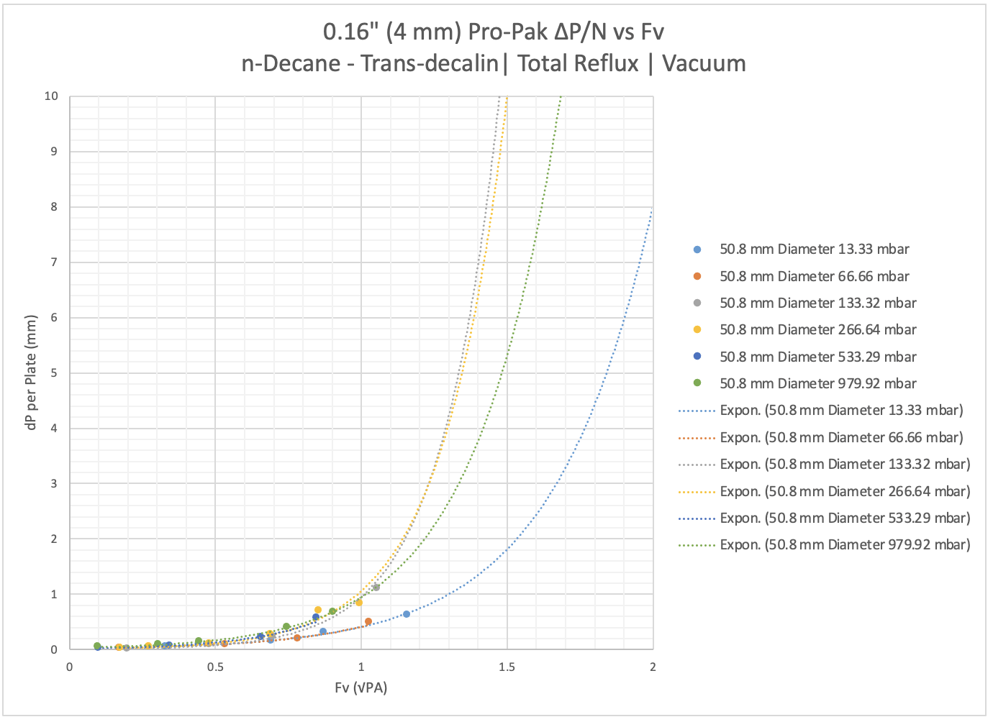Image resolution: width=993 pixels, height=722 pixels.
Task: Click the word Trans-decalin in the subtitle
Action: (x=429, y=63)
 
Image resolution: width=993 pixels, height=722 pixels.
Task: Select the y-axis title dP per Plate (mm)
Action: (x=31, y=373)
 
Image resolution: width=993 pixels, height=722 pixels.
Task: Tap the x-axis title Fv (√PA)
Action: (x=361, y=688)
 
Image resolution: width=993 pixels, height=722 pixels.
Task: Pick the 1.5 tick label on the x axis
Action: (x=507, y=667)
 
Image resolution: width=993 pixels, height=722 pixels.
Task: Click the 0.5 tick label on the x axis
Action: (x=215, y=667)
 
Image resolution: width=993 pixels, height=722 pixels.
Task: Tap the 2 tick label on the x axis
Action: (x=653, y=667)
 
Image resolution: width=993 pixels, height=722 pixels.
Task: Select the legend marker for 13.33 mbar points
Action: (x=697, y=250)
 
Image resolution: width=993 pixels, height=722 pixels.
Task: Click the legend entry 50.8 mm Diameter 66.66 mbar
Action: (x=814, y=276)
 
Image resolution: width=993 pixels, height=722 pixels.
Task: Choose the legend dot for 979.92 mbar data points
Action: (x=697, y=384)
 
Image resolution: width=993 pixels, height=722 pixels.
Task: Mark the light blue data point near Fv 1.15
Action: (x=407, y=614)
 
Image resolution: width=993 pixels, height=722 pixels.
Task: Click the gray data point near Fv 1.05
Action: (x=376, y=588)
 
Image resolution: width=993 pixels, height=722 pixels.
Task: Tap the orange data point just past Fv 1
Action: (x=368, y=621)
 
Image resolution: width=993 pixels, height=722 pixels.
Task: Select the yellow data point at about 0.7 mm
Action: (x=318, y=610)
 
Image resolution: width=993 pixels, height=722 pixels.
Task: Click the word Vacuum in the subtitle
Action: (x=704, y=63)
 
